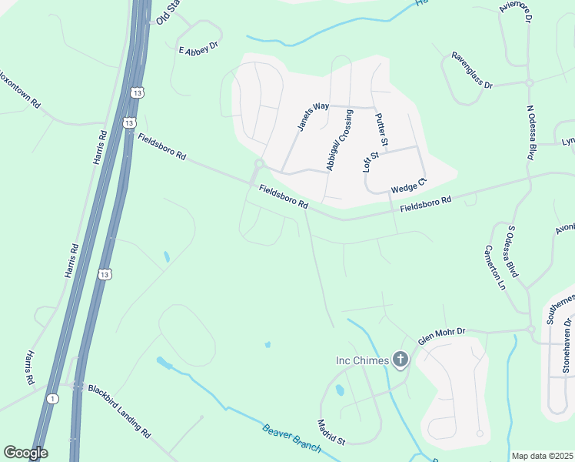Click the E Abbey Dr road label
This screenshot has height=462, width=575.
[198, 50]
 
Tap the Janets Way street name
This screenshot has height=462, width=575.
[312, 116]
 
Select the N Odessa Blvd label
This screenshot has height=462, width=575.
[530, 132]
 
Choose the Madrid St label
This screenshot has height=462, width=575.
[332, 431]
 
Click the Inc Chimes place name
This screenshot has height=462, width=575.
[363, 360]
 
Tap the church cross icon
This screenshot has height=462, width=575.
[400, 360]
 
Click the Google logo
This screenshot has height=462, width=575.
[25, 453]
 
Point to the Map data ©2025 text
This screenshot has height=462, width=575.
[542, 456]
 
